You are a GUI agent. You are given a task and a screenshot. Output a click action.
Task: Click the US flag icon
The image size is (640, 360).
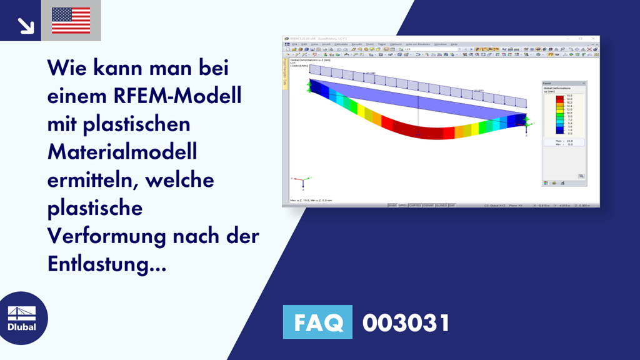[x=71, y=20]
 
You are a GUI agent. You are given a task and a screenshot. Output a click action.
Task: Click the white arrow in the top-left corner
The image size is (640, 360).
[x=25, y=24]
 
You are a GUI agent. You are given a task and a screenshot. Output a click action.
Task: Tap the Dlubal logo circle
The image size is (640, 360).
[x=21, y=319]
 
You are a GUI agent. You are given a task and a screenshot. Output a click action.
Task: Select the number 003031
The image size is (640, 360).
[x=406, y=322]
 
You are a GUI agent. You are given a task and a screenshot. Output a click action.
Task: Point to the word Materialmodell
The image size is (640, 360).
[x=122, y=152]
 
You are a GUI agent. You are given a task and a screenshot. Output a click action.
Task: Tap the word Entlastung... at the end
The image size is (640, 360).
[x=107, y=264]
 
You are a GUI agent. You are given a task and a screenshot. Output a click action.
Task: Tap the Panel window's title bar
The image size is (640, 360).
[x=562, y=83]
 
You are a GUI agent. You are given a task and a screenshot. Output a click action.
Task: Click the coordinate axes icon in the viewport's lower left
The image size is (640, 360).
[x=301, y=181]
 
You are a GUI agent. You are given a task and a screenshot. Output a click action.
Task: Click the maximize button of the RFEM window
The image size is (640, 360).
[x=581, y=39]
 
